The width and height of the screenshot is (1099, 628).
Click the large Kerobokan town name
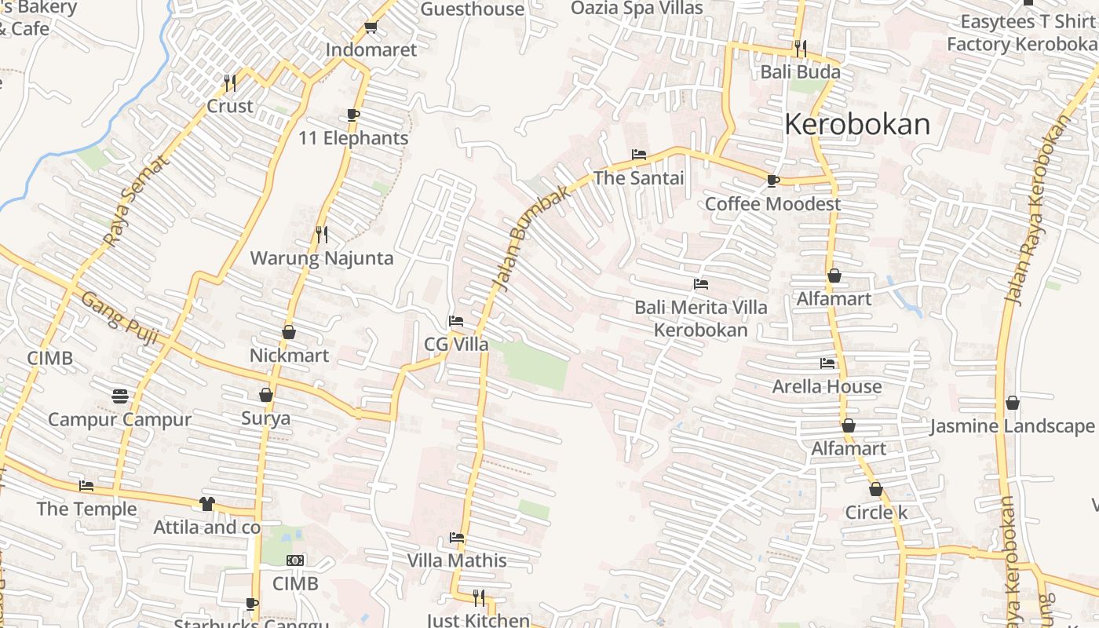point(857,125)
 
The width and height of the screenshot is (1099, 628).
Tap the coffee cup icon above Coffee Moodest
point(773,181)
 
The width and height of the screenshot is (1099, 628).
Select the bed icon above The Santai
point(639,155)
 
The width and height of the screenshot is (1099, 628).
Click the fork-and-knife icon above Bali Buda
point(800,49)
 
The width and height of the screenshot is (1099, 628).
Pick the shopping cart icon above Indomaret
point(371,28)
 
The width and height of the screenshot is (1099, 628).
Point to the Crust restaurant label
point(230,106)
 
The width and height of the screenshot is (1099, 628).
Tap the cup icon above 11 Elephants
point(353,115)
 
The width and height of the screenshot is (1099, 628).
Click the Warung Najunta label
point(322,258)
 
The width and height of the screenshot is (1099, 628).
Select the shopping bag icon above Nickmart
point(289,332)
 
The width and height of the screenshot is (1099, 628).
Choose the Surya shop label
point(265,418)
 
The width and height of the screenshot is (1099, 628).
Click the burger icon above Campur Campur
point(119,396)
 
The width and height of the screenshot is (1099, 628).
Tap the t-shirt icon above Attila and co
point(207,503)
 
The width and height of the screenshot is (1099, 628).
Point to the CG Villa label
point(456,345)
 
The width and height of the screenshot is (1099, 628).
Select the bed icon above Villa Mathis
point(457,538)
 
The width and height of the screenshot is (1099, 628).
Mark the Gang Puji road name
point(119,319)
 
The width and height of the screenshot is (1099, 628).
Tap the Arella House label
point(827,386)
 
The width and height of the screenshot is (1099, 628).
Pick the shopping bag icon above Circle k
point(876,489)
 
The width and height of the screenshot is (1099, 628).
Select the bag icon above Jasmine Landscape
point(1013,403)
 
